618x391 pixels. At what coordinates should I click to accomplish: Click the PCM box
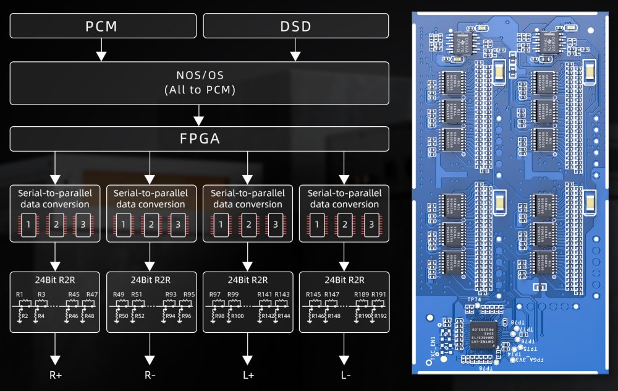click(101, 27)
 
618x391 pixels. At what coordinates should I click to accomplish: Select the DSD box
click(295, 27)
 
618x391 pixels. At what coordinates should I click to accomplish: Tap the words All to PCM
click(199, 89)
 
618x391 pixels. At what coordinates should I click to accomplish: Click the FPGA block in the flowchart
click(199, 139)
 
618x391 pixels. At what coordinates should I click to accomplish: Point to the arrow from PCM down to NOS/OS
click(101, 51)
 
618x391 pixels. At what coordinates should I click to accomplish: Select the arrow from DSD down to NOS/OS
click(295, 51)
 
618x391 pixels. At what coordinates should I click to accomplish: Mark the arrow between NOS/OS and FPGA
click(199, 115)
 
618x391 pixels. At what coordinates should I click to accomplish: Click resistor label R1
click(19, 294)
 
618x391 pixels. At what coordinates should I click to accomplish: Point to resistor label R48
click(90, 316)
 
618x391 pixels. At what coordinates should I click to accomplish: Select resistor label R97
click(214, 294)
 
